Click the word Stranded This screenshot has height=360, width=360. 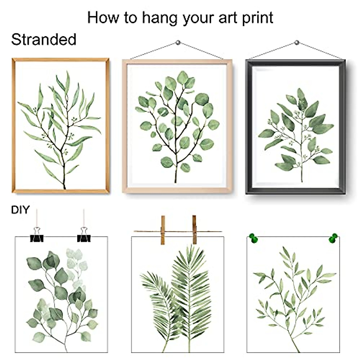point(44,40)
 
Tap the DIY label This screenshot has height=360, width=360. point(20,210)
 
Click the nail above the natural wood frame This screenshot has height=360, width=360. point(178,43)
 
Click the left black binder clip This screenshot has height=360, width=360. point(37,235)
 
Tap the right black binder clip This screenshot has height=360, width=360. point(84,235)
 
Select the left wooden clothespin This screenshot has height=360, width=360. point(163,230)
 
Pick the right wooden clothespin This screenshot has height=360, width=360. point(194,229)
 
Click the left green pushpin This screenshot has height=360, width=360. point(253,238)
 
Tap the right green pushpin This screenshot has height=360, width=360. point(333,238)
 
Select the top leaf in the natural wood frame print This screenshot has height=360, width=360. point(182,77)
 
